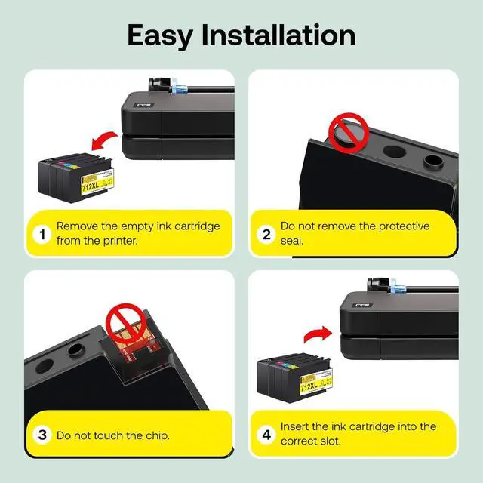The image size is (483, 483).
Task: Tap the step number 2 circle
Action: (x=266, y=235)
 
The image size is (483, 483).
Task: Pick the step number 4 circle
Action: (x=266, y=435)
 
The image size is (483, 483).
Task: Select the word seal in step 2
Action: (x=292, y=241)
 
